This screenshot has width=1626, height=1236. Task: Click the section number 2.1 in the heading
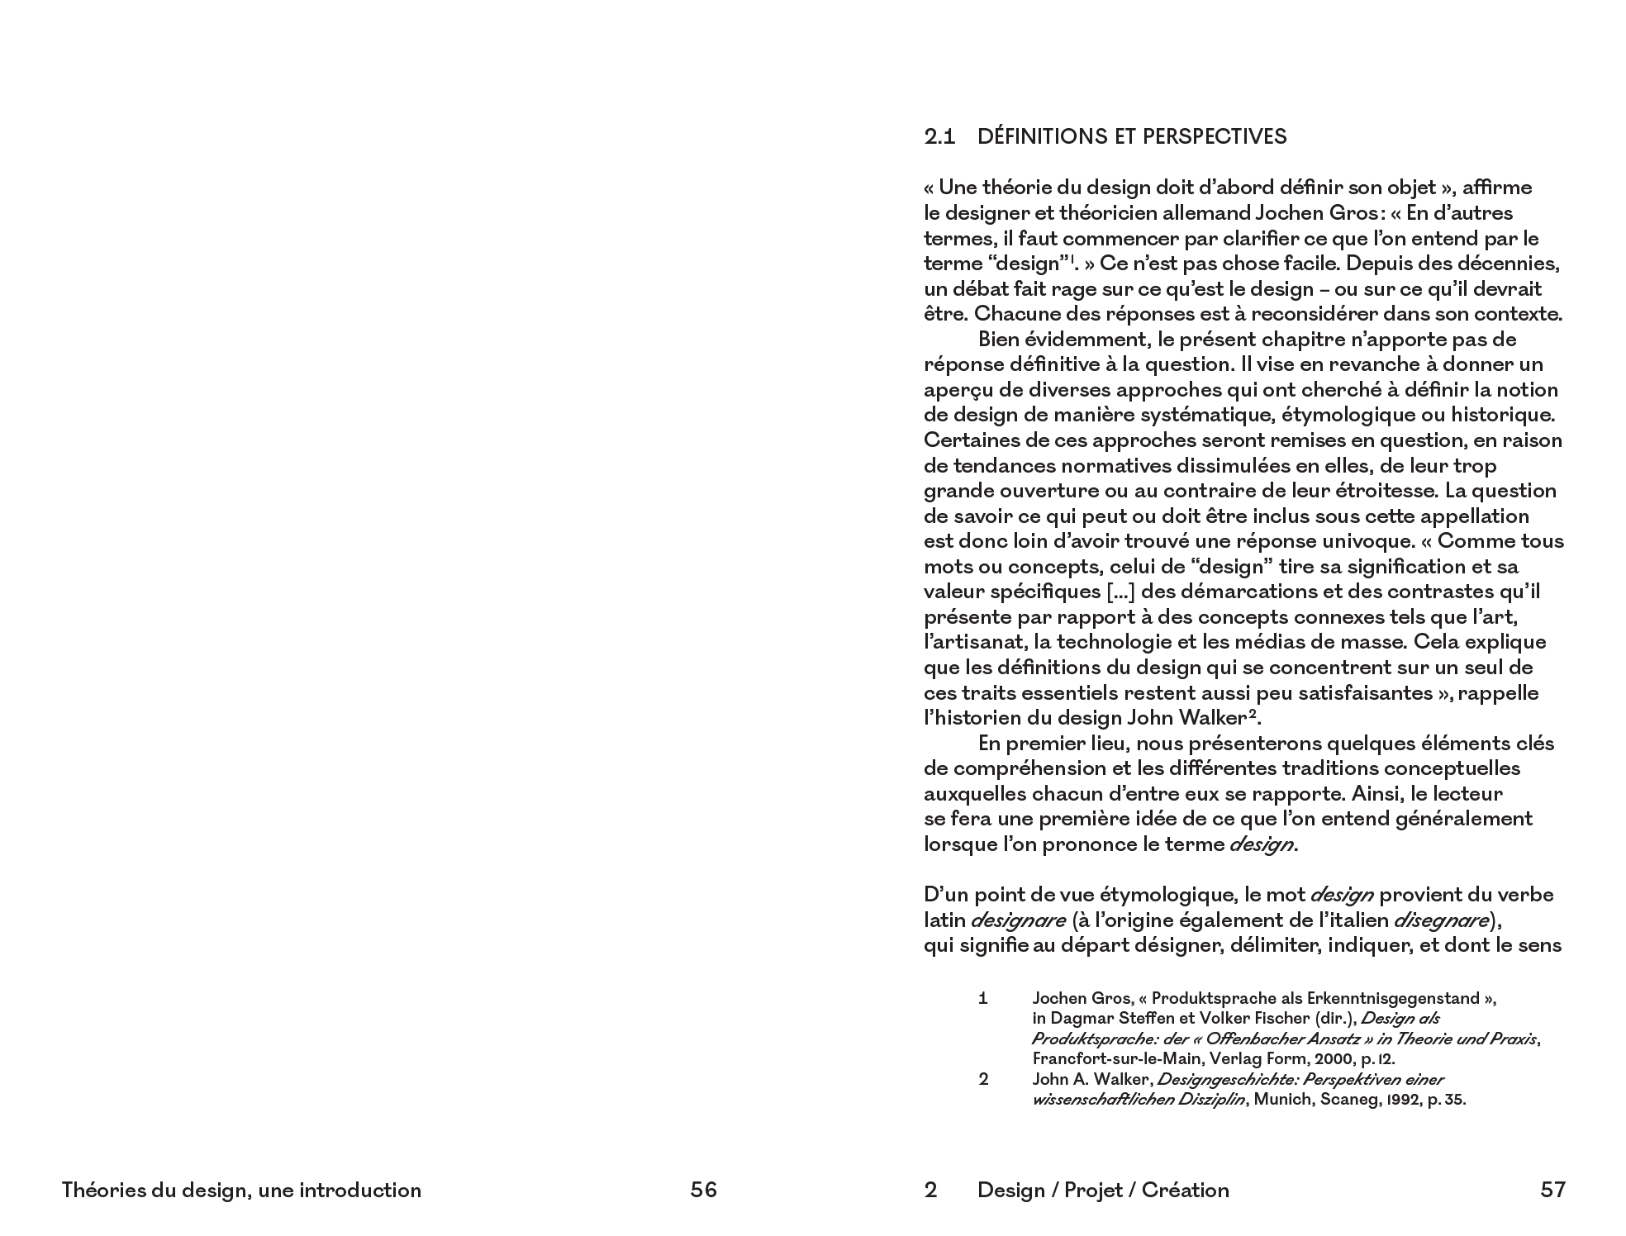tap(939, 137)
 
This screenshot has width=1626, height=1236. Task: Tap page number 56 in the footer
tap(703, 1190)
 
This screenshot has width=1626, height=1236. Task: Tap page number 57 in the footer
tap(1552, 1190)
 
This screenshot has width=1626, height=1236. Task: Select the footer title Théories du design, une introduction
tap(241, 1190)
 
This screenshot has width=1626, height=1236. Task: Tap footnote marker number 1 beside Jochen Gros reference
tap(983, 998)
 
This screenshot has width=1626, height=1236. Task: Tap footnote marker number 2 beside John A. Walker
tap(983, 1079)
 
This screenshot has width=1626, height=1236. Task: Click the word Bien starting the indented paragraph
tap(999, 340)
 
